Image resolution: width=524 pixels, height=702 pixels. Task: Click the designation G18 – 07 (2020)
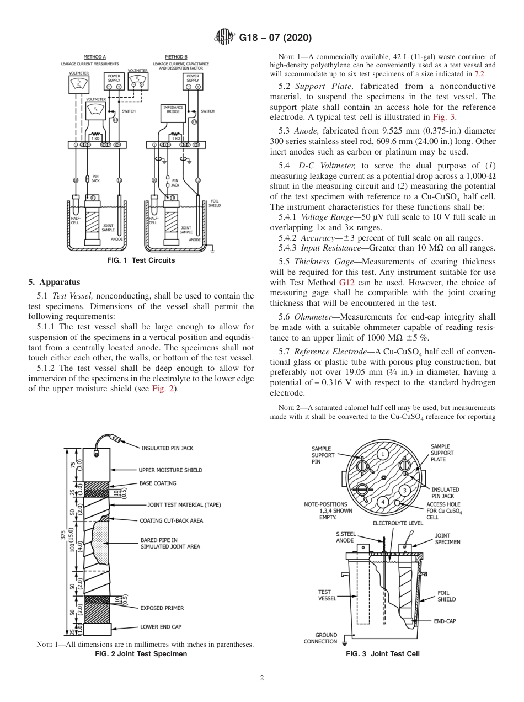click(x=275, y=38)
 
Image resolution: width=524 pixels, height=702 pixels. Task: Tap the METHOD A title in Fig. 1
click(x=94, y=57)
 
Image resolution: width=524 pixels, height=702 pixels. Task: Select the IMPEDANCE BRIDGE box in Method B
click(x=173, y=109)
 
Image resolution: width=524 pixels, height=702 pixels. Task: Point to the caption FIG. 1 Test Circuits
click(x=141, y=260)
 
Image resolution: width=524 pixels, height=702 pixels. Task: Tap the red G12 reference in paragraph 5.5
click(x=354, y=283)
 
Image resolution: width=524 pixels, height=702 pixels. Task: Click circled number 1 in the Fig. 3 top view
click(x=382, y=454)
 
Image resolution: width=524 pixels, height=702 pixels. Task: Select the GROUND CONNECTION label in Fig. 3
click(x=320, y=638)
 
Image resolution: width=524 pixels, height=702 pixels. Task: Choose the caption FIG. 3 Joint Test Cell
click(x=382, y=654)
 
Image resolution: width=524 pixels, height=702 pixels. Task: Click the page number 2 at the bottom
click(x=262, y=678)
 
